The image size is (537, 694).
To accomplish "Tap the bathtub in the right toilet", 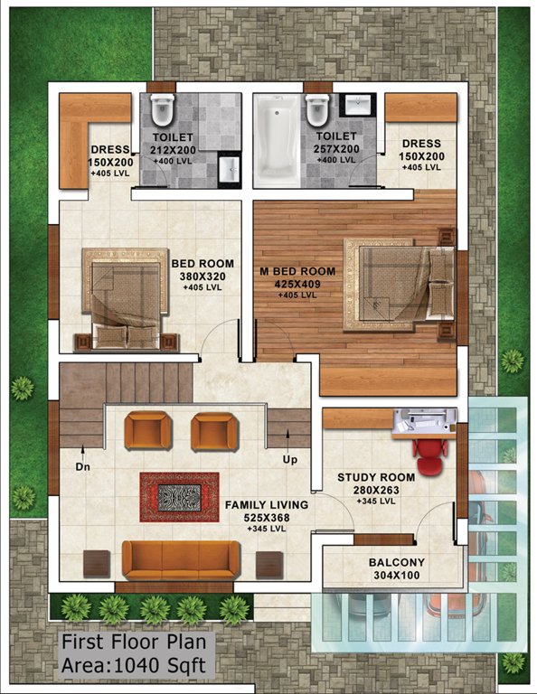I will [274, 142].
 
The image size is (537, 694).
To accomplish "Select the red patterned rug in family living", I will [179, 497].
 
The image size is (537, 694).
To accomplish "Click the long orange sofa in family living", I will [181, 559].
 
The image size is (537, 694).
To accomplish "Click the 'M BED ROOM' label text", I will [297, 271].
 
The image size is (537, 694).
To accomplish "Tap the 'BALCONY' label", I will [396, 562].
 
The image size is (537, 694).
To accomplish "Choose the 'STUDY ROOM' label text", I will [376, 477].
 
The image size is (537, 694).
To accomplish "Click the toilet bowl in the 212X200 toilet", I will [162, 110].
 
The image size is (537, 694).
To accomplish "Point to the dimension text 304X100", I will [396, 575].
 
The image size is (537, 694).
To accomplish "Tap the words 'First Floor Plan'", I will [134, 644].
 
